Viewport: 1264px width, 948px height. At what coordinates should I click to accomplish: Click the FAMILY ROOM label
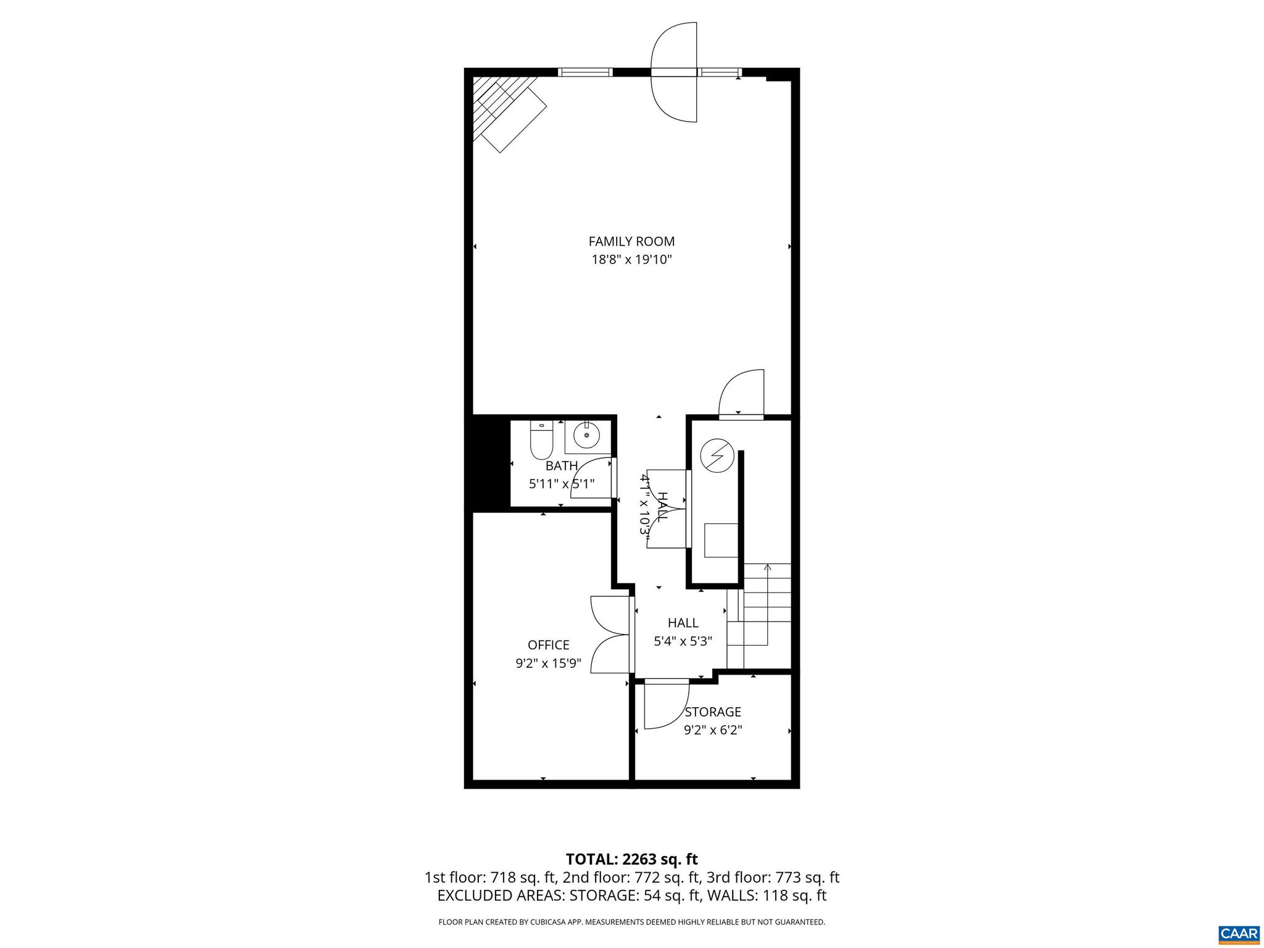click(631, 241)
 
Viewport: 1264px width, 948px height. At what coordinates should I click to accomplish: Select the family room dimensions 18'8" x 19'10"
click(631, 260)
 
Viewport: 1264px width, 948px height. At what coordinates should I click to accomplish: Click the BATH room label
click(562, 466)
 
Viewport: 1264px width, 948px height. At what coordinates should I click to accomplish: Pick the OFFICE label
click(548, 645)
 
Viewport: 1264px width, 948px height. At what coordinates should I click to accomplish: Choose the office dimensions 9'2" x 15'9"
click(548, 663)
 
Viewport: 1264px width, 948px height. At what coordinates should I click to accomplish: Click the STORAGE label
click(713, 712)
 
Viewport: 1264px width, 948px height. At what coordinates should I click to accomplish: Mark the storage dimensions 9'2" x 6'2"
click(713, 730)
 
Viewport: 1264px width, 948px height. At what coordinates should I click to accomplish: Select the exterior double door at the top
click(674, 72)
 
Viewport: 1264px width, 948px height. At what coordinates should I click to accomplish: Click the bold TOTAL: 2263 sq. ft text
click(631, 859)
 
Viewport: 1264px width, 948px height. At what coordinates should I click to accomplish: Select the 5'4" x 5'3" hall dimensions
click(683, 641)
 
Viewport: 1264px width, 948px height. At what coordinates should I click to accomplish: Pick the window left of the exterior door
click(585, 72)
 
